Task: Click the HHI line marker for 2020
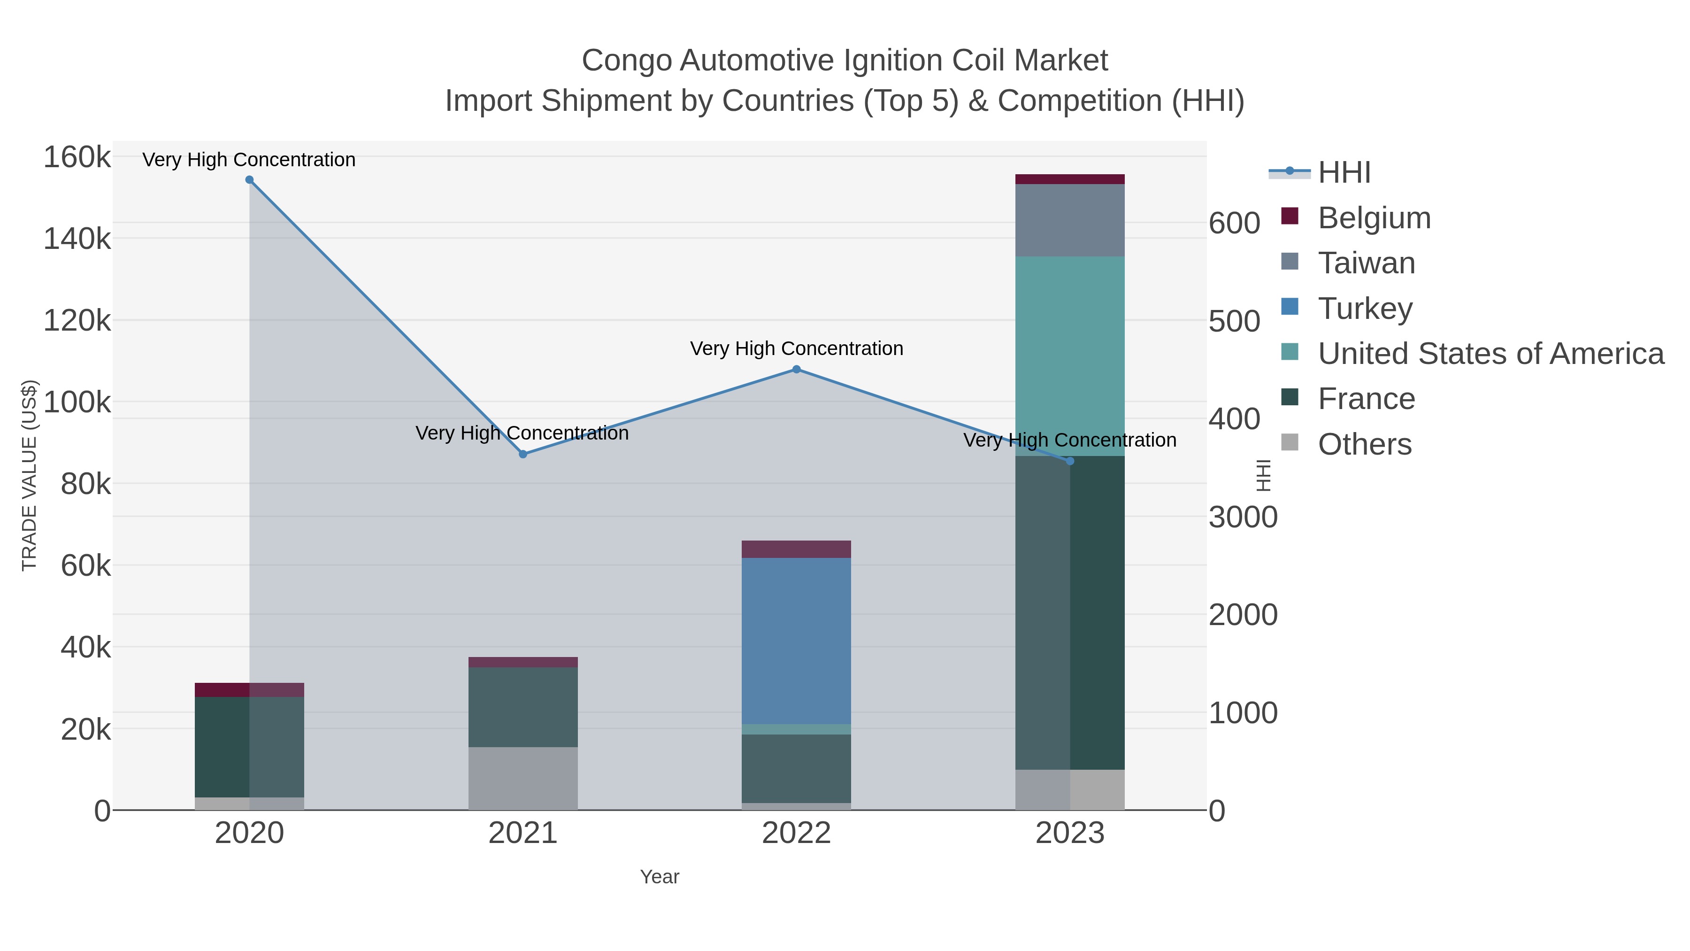[249, 180]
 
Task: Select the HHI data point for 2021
[523, 454]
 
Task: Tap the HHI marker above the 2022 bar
[797, 370]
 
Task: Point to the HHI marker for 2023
[1070, 461]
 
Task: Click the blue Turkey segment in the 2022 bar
[797, 641]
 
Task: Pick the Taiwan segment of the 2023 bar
[1070, 221]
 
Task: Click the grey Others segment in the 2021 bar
[523, 778]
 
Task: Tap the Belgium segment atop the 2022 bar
[797, 549]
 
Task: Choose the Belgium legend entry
[1374, 218]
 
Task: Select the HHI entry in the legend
[1344, 173]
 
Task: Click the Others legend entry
[1364, 444]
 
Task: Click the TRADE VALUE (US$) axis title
[30, 475]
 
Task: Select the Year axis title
[660, 877]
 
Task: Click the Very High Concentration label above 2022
[797, 348]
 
